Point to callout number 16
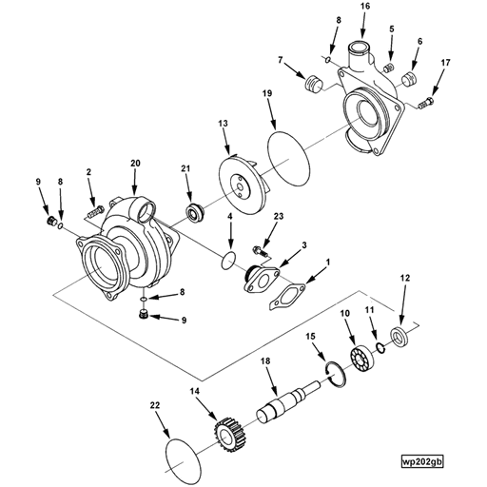[363, 8]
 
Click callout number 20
[135, 164]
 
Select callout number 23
[279, 217]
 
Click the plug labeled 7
[308, 88]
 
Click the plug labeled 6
[413, 76]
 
